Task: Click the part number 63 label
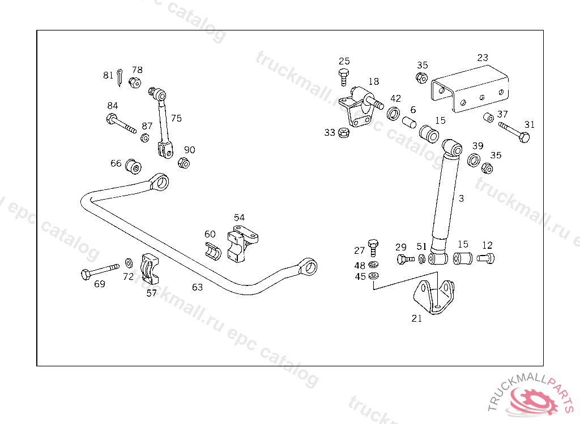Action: click(x=197, y=287)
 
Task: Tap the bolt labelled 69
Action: click(x=100, y=270)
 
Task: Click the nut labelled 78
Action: click(x=135, y=83)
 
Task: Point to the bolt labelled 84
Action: click(x=121, y=123)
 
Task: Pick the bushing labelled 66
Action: click(x=134, y=166)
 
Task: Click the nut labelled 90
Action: click(x=184, y=163)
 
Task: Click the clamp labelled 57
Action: click(x=150, y=270)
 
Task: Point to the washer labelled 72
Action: click(x=129, y=262)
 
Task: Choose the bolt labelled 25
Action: click(x=344, y=77)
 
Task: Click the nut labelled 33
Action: click(x=343, y=133)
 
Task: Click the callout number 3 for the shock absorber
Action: click(x=461, y=198)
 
